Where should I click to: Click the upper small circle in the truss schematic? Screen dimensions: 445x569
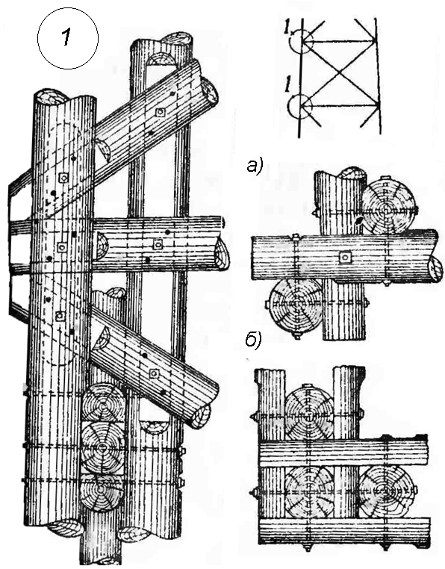[301, 40]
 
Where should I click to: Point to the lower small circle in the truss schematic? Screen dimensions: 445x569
[300, 105]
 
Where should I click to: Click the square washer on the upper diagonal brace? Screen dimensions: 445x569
[160, 113]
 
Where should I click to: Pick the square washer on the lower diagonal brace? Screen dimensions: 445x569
[155, 373]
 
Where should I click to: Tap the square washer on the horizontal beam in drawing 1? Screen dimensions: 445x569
[158, 245]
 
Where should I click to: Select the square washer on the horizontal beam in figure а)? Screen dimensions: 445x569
[345, 258]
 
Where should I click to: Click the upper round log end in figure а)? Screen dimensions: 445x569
[389, 207]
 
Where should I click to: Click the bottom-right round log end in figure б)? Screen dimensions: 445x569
[385, 491]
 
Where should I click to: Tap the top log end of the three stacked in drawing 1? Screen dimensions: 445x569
[104, 402]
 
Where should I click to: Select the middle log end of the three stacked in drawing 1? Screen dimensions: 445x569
[102, 447]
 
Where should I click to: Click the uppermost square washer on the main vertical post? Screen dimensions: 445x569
[64, 178]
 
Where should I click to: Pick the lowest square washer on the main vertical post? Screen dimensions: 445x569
[60, 316]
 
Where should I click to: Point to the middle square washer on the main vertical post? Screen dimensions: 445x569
[62, 247]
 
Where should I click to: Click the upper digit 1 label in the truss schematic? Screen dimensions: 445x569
[289, 27]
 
